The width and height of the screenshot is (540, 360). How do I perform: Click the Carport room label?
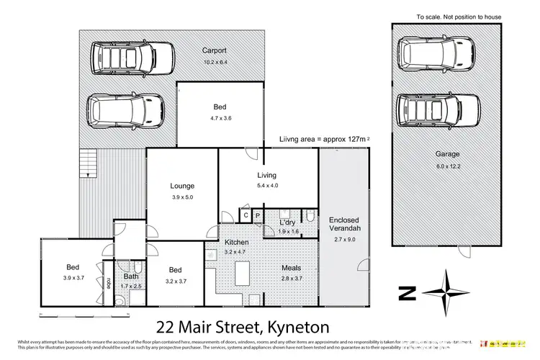point(215,51)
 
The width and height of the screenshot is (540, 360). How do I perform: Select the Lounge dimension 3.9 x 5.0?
point(181,197)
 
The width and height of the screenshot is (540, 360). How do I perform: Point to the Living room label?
point(267,175)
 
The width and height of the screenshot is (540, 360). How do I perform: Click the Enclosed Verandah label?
point(344,224)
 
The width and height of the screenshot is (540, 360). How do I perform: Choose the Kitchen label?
point(236,243)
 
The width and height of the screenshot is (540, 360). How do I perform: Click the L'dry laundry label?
point(288,222)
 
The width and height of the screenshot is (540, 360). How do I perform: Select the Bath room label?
point(131,276)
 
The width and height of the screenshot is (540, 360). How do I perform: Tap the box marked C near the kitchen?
point(245,215)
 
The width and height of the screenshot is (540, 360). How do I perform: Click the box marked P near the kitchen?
point(256,215)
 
